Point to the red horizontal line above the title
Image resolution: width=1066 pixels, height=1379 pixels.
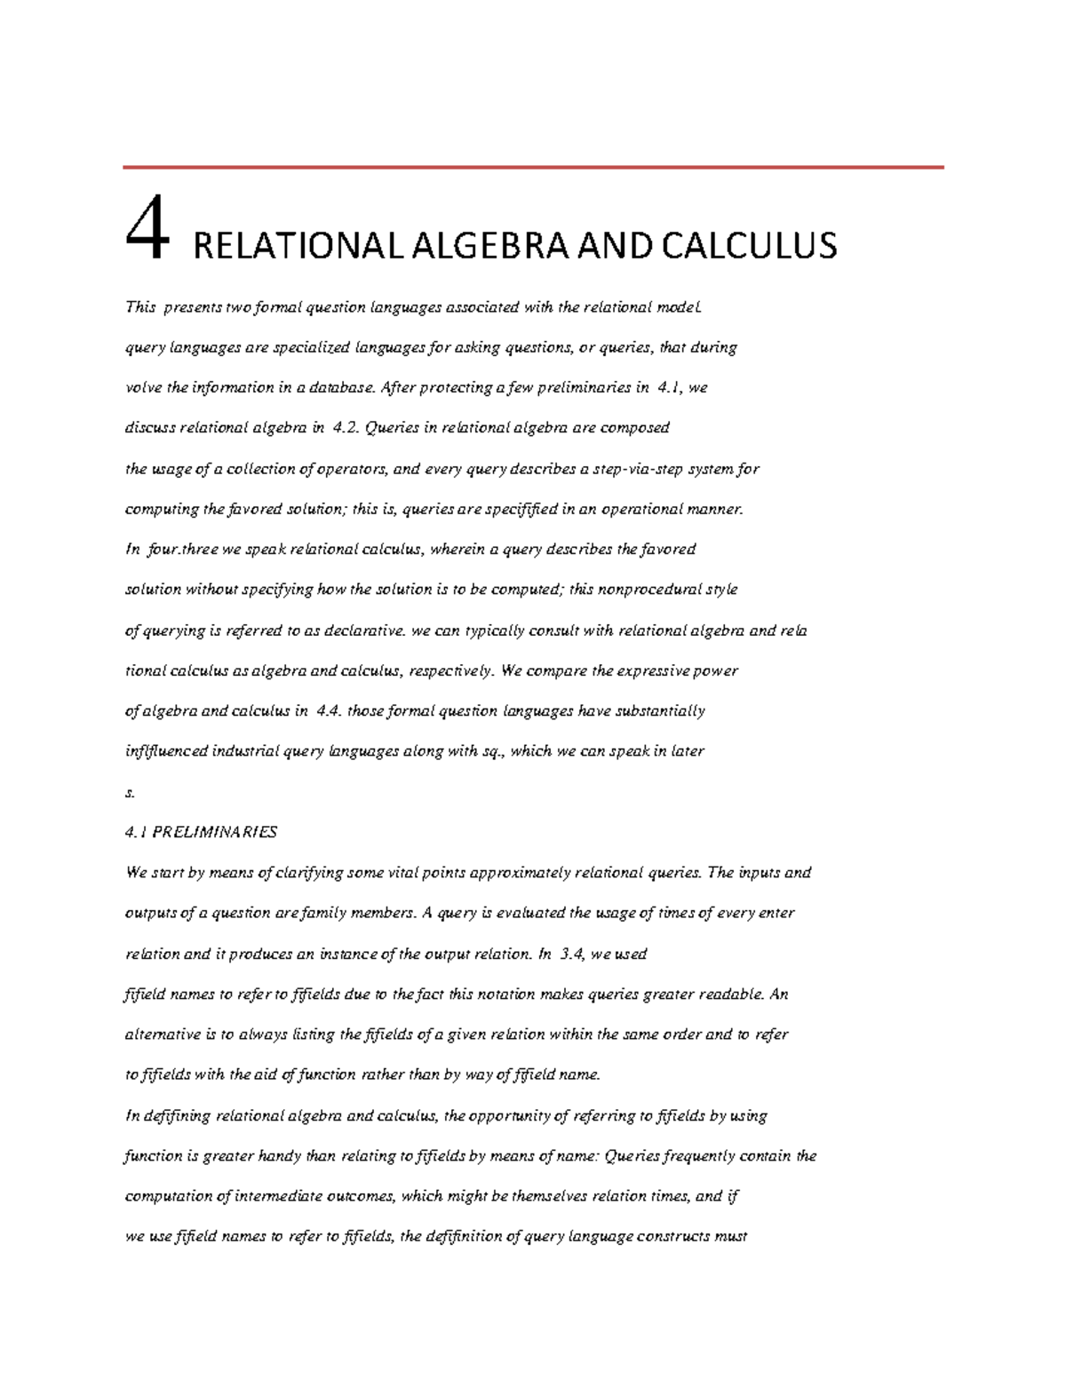533,167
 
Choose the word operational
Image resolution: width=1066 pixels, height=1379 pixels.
642,510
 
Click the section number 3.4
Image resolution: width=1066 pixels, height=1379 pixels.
573,955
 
